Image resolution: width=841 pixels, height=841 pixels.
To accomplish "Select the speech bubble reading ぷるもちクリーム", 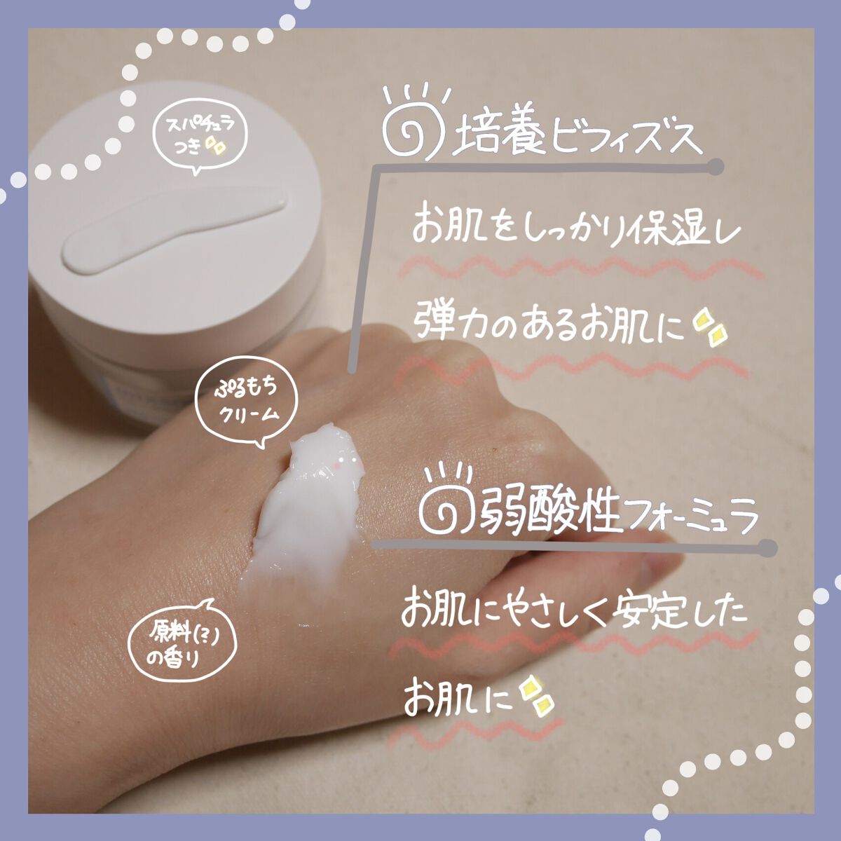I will tap(249, 404).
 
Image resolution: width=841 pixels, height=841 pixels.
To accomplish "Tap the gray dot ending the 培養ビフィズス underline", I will tap(715, 167).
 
